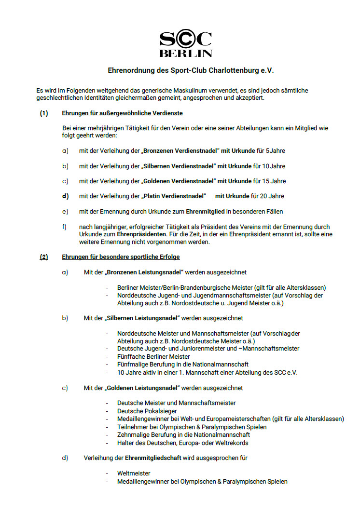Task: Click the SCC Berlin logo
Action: pos(186,44)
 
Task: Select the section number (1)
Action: pos(44,114)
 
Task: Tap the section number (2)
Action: pos(44,257)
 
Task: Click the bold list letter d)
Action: pos(65,196)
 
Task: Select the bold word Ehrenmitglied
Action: pos(206,211)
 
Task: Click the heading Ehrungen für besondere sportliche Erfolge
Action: pos(121,257)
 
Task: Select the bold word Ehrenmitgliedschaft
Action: pos(153,458)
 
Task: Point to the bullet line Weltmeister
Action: pos(134,473)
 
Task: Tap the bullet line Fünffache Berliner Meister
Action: pos(153,357)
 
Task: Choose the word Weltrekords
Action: pos(232,443)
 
